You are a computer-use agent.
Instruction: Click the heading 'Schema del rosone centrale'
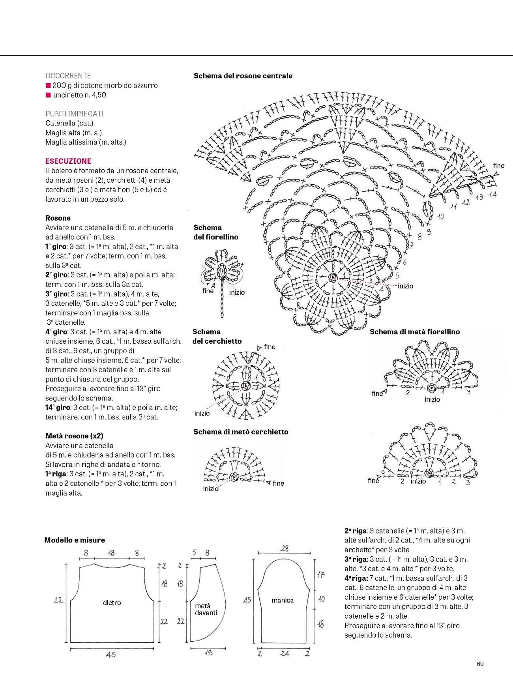243,76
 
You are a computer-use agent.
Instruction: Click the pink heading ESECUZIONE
68,161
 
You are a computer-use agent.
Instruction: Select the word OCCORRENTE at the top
68,76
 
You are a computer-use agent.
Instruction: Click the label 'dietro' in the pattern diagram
112,602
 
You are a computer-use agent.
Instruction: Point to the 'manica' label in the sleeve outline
283,600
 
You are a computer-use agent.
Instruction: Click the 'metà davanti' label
206,609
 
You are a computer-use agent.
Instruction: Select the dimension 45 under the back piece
111,655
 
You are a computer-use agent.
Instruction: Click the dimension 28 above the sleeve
285,548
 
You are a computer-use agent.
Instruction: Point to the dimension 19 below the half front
209,653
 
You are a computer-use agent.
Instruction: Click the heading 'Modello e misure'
75,540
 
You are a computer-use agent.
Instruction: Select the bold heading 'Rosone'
58,218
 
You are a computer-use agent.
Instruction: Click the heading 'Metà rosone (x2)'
74,436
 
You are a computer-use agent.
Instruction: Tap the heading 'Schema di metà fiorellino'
415,331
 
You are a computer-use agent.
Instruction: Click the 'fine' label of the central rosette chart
498,166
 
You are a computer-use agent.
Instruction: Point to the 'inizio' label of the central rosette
405,286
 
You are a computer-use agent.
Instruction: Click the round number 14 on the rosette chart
492,195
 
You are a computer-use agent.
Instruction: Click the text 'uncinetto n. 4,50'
80,95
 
